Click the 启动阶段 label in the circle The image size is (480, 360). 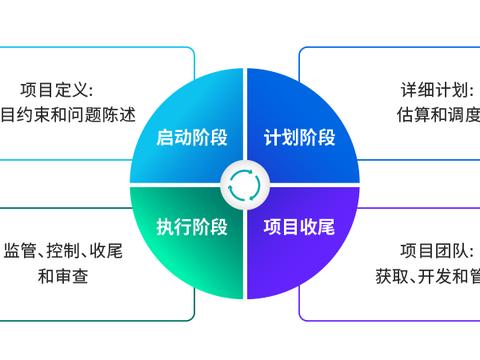click(x=190, y=137)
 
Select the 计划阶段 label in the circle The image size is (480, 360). click(x=299, y=137)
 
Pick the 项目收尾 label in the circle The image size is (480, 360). click(x=299, y=224)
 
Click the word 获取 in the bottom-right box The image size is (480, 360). click(x=392, y=275)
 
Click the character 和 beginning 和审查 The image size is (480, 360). click(x=45, y=275)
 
